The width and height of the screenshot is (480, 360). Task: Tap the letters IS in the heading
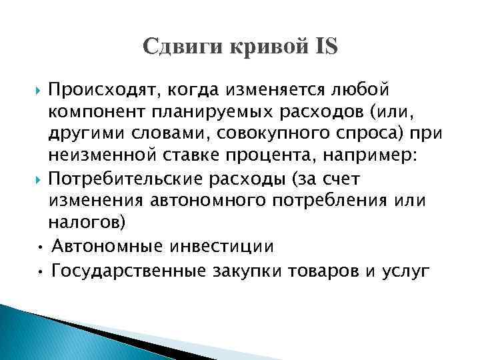[326, 47]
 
